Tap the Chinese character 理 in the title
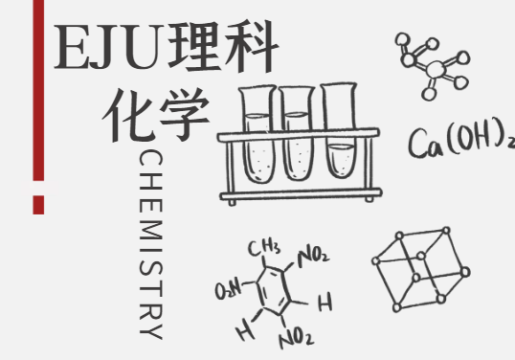pyautogui.click(x=193, y=46)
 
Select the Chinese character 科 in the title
pyautogui.click(x=251, y=46)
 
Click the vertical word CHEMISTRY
pyautogui.click(x=150, y=244)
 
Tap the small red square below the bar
pyautogui.click(x=38, y=205)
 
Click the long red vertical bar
pyautogui.click(x=38, y=90)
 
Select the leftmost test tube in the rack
pyautogui.click(x=258, y=134)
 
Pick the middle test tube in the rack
pyautogui.click(x=298, y=133)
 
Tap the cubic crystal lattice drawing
pyautogui.click(x=421, y=269)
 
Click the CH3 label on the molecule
pyautogui.click(x=264, y=248)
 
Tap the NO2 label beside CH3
pyautogui.click(x=313, y=257)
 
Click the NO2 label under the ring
pyautogui.click(x=296, y=337)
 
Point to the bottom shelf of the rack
pyautogui.click(x=301, y=194)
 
